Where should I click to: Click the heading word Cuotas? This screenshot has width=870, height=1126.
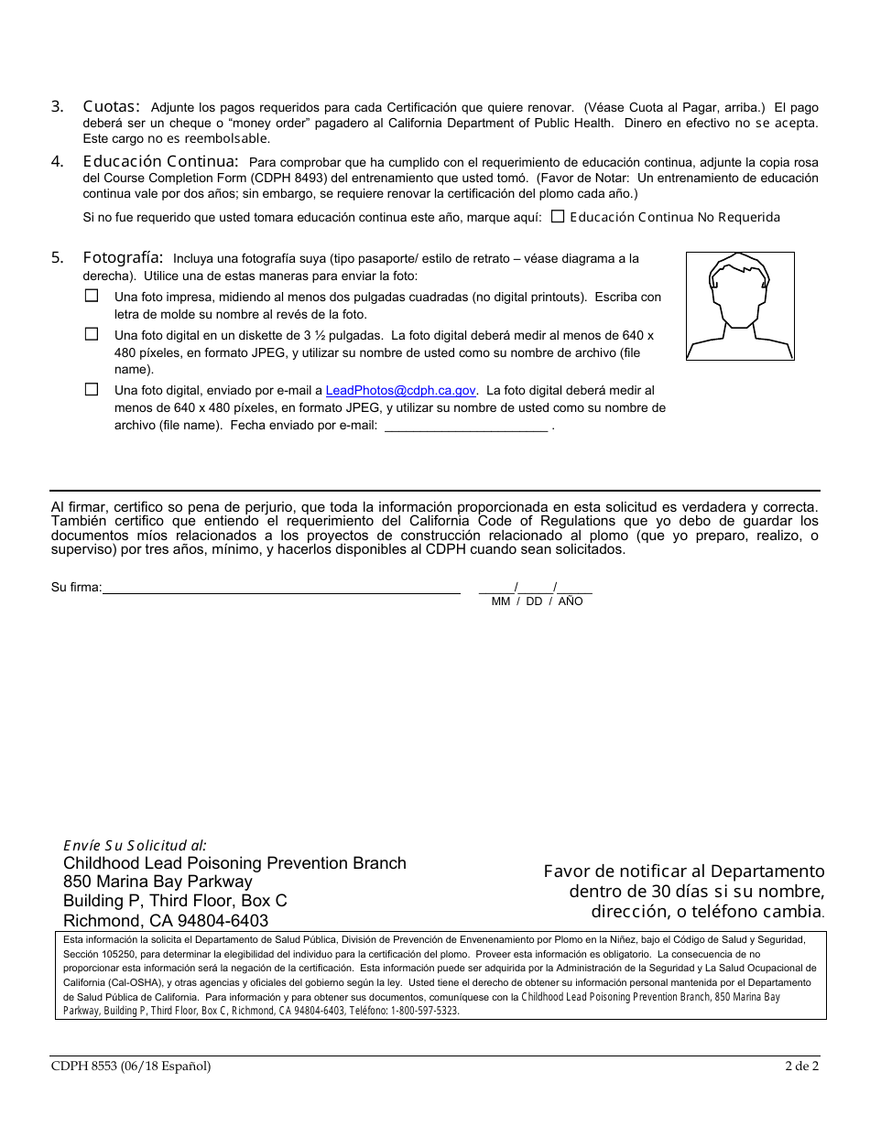111,106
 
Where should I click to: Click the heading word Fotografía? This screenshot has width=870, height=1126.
123,257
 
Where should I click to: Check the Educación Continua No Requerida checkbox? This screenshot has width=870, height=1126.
558,217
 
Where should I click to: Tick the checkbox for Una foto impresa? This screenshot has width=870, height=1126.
92,296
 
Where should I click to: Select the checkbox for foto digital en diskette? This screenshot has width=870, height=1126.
92,334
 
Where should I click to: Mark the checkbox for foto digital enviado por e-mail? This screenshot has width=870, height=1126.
92,389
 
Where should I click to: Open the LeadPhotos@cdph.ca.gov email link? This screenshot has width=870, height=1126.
400,390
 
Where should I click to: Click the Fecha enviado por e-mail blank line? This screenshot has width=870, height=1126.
465,426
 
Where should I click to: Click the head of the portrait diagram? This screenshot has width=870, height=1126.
740,287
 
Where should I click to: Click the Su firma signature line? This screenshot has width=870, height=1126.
281,588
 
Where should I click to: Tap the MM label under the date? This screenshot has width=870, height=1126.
501,601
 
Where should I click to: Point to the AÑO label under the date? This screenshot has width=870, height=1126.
570,601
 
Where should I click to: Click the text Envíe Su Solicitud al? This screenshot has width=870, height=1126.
135,845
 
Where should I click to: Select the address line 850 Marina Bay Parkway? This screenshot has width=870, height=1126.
158,882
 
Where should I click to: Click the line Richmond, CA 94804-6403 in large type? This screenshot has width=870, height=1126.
166,920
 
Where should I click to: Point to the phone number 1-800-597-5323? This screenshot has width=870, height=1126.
425,1011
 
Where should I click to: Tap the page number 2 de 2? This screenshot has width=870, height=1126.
801,1066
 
